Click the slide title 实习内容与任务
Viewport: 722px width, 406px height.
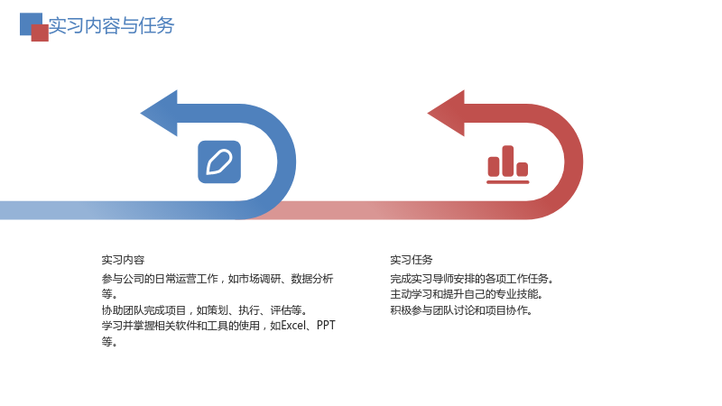tap(111, 26)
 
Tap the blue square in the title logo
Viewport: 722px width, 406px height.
tap(29, 21)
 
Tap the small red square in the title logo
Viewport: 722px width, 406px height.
tap(40, 33)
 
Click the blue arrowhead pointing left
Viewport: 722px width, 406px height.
tap(159, 114)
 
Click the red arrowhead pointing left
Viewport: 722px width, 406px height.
tap(446, 114)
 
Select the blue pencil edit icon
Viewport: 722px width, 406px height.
tap(219, 162)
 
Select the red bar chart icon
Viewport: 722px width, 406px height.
tap(508, 164)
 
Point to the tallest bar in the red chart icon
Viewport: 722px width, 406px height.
tap(508, 161)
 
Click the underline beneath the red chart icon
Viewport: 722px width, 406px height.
tap(508, 182)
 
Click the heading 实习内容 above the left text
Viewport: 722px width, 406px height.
tap(123, 260)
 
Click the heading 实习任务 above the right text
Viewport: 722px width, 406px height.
tap(412, 260)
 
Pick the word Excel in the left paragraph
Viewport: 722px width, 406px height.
tap(293, 326)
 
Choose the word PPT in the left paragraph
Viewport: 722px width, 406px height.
tap(326, 326)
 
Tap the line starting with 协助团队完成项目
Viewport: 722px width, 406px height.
tap(205, 310)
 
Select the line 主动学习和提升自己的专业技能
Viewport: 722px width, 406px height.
tap(467, 294)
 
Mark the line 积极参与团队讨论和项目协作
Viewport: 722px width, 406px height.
tap(461, 310)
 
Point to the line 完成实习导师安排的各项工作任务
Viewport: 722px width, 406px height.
tap(472, 279)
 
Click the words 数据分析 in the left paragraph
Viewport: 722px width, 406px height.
tap(311, 279)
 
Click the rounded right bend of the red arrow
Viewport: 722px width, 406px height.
tap(573, 162)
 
